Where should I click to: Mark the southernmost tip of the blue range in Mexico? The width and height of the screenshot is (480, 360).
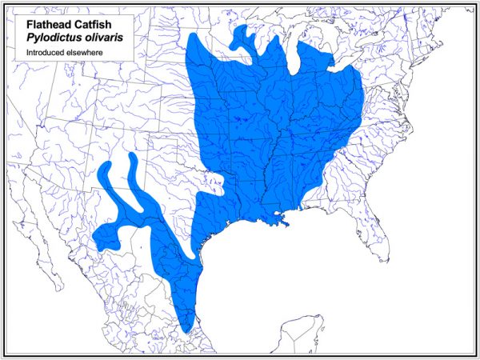(x=186, y=330)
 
